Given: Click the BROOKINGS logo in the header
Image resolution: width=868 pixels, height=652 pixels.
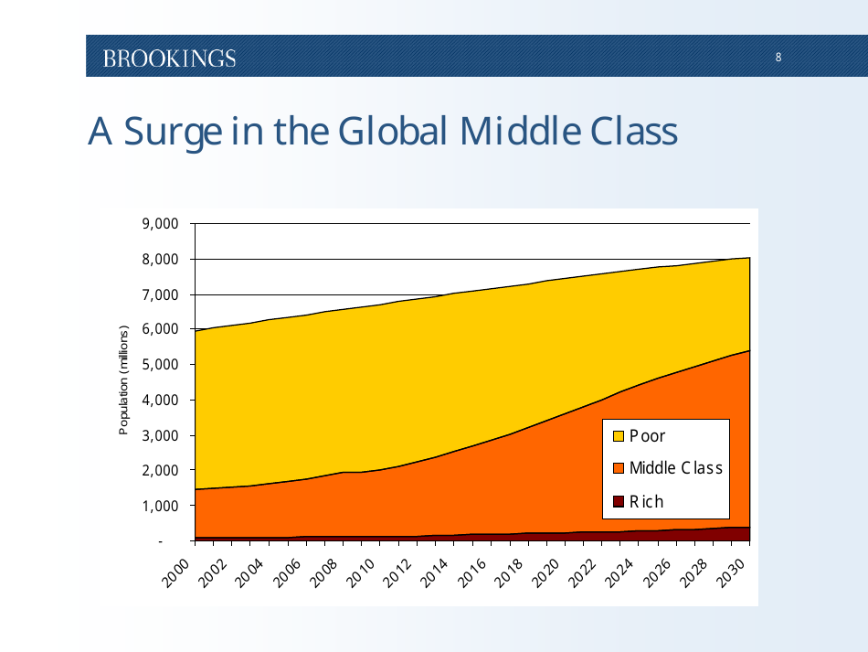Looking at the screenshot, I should [169, 59].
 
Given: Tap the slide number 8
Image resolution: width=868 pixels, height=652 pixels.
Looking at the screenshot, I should [778, 58].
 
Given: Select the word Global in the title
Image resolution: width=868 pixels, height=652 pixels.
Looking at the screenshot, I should [394, 131].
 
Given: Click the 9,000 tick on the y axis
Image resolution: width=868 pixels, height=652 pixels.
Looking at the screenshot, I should [161, 224].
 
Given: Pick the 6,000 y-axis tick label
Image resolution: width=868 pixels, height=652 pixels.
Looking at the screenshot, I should [161, 330].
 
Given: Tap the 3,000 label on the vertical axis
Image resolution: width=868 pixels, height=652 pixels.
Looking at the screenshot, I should [161, 435].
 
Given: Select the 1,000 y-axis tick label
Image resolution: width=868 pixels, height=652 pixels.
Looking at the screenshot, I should [161, 506].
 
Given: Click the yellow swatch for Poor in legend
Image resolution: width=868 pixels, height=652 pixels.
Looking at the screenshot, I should [618, 436].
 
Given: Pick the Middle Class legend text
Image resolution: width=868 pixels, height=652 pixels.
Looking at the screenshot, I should [675, 468].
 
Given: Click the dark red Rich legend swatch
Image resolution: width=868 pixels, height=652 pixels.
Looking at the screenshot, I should [618, 501].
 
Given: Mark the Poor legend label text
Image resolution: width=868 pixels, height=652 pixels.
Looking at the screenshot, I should [647, 436].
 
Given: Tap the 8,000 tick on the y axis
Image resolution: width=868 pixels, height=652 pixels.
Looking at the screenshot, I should [161, 260].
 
